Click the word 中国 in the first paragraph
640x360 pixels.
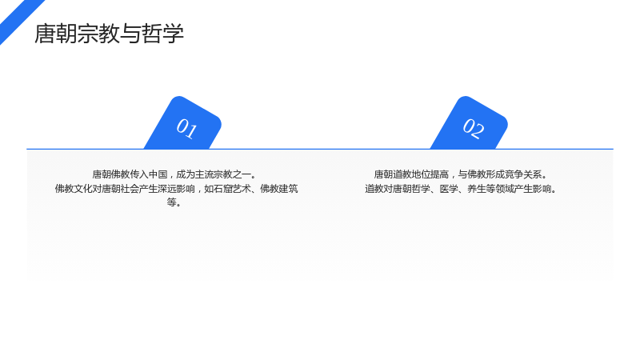[x=158, y=174]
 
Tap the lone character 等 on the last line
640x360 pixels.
[x=171, y=202]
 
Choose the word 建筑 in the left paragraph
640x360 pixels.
[x=289, y=189]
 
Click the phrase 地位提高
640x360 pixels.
[x=430, y=174]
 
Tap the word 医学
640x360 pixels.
[x=449, y=189]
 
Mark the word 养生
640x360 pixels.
[x=477, y=189]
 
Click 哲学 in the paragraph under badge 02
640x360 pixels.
[x=421, y=189]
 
